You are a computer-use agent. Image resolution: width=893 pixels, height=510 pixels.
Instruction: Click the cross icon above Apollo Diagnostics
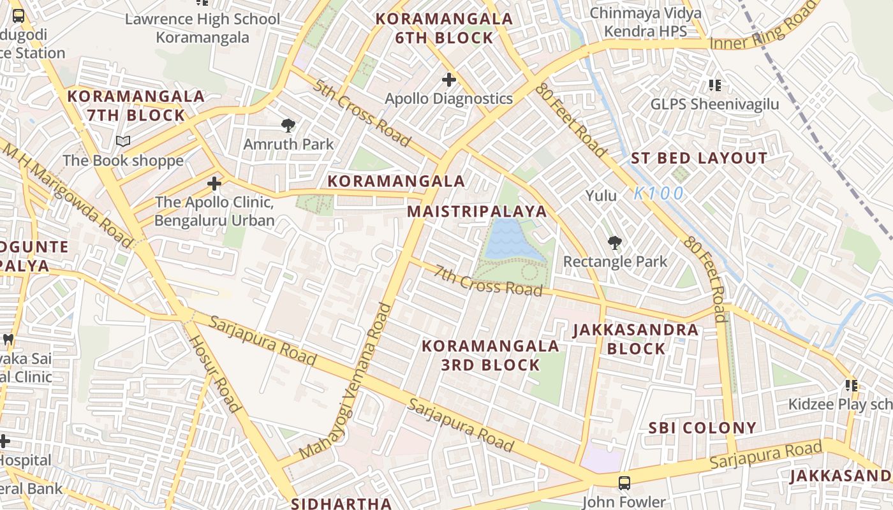pyautogui.click(x=449, y=80)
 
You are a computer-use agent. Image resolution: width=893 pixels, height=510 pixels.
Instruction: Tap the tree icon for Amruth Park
pyautogui.click(x=288, y=125)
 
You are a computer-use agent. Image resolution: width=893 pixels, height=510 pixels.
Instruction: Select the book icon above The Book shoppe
pyautogui.click(x=123, y=141)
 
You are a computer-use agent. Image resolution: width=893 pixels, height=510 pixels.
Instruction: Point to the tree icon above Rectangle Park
pyautogui.click(x=615, y=242)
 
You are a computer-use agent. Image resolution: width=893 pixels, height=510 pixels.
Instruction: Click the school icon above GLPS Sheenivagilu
pyautogui.click(x=714, y=85)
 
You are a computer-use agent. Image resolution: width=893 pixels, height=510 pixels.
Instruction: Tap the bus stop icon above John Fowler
pyautogui.click(x=624, y=483)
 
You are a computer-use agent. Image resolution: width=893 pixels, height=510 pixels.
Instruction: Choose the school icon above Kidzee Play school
pyautogui.click(x=851, y=385)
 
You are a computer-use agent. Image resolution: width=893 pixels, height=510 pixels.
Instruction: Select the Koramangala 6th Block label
pyautogui.click(x=444, y=29)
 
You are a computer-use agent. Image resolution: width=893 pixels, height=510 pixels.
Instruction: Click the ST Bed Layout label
pyautogui.click(x=699, y=159)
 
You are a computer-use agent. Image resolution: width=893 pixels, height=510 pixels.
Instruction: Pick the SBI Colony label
pyautogui.click(x=702, y=428)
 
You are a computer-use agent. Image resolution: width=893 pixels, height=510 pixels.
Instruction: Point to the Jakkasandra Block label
pyautogui.click(x=636, y=339)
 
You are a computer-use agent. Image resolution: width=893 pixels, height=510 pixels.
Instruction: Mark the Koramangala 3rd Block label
pyautogui.click(x=491, y=355)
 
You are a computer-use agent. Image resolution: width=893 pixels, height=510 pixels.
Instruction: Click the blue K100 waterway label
pyautogui.click(x=659, y=193)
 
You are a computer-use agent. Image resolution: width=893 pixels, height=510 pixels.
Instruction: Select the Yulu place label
pyautogui.click(x=601, y=195)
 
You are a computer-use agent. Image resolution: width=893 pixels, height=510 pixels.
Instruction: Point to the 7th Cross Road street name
pyautogui.click(x=488, y=280)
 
